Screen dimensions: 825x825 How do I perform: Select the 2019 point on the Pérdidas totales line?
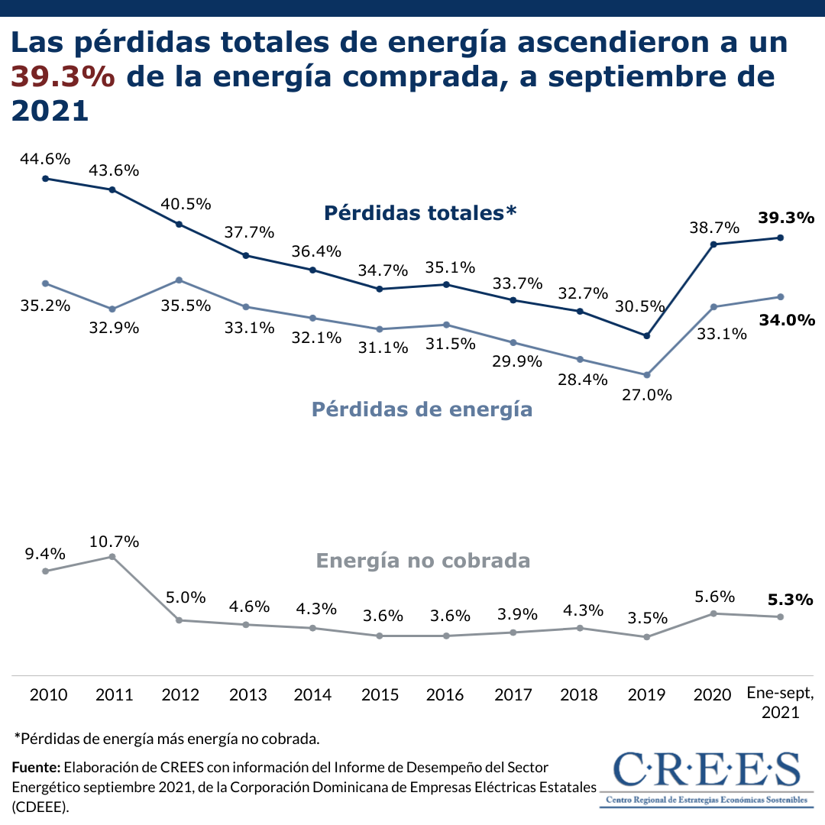647,335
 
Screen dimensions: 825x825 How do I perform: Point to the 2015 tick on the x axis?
380,695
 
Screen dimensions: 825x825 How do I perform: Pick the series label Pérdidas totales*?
420,212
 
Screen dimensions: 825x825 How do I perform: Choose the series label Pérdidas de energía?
422,409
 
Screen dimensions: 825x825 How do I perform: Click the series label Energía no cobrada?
422,561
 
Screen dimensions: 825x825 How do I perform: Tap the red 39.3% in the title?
63,76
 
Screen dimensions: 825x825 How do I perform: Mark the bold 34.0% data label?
787,320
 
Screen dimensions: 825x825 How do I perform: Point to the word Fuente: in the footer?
36,767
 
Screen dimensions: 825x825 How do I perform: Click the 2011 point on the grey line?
112,557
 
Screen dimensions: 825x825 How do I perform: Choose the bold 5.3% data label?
790,600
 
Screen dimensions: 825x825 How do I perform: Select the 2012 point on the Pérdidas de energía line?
179,280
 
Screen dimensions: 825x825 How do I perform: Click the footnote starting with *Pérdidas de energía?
167,739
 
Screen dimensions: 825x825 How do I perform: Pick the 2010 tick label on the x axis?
48,695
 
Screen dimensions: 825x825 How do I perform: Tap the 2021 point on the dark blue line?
780,238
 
